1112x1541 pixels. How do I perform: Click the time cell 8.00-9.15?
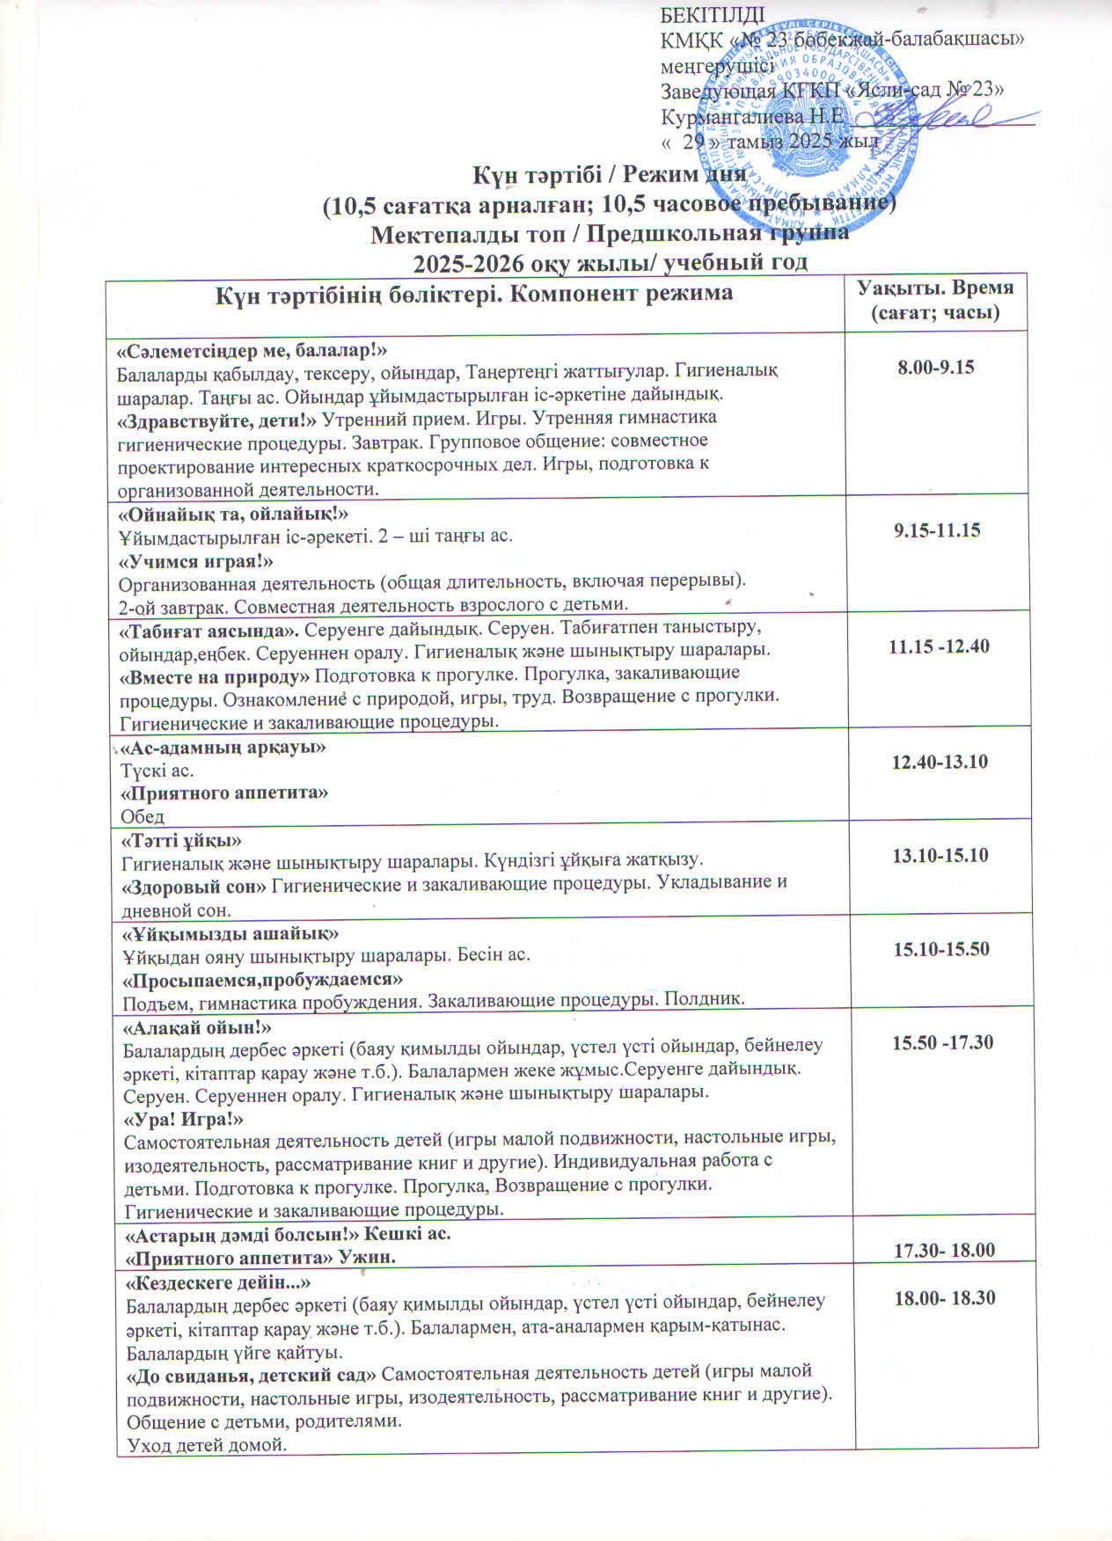tap(935, 368)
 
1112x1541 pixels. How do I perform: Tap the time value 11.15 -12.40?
tap(939, 646)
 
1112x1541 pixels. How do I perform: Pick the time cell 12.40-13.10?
tap(940, 762)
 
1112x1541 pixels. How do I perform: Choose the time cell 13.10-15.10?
tap(940, 855)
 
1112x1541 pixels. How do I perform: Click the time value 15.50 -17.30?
tap(943, 1043)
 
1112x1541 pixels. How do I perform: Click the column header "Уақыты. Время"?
tap(935, 288)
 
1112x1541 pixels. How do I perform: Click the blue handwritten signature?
tap(937, 114)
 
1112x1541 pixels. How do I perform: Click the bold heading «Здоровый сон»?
tap(194, 883)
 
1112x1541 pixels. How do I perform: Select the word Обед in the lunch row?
tap(143, 815)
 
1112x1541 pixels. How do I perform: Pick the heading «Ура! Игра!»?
tap(183, 1119)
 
